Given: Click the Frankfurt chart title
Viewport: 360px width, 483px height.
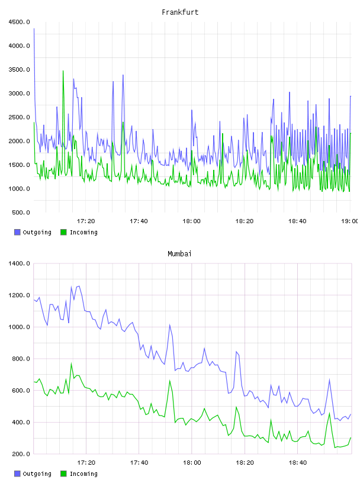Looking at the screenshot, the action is click(180, 12).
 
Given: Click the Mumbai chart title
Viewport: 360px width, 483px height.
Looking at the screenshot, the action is click(179, 254).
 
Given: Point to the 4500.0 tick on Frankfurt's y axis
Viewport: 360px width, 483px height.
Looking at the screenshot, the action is click(19, 22).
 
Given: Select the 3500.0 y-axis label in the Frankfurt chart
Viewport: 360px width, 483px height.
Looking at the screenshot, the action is click(19, 70).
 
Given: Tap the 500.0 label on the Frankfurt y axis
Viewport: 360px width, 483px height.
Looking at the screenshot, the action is click(21, 212).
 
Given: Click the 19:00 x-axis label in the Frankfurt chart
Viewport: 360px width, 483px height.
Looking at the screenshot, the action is click(349, 221).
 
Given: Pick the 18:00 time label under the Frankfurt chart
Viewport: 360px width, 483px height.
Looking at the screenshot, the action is click(191, 221).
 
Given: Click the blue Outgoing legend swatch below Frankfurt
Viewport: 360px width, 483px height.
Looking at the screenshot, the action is click(17, 232).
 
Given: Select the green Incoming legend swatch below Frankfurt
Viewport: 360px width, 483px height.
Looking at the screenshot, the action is click(63, 232).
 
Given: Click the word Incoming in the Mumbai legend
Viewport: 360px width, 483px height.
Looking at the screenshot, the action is click(84, 474).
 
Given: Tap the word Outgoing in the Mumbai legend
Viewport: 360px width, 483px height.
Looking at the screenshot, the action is click(37, 474).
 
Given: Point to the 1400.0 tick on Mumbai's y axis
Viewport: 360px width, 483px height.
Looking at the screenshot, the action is click(19, 263).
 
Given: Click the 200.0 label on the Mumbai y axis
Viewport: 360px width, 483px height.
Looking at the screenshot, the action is click(21, 454).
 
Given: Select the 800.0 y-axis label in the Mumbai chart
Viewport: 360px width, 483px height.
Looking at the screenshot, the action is click(21, 359).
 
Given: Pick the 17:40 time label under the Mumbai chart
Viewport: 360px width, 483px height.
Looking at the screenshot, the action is click(139, 463).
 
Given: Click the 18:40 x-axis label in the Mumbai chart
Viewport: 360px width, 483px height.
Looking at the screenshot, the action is click(298, 463).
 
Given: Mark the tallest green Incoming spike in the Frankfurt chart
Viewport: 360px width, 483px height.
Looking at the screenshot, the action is click(63, 71).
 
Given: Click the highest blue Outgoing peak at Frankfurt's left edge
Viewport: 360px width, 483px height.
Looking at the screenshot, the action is click(34, 28).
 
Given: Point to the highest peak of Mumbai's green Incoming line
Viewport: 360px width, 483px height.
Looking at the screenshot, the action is click(71, 363).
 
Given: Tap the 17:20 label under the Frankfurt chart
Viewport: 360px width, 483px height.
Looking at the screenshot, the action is click(86, 221).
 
